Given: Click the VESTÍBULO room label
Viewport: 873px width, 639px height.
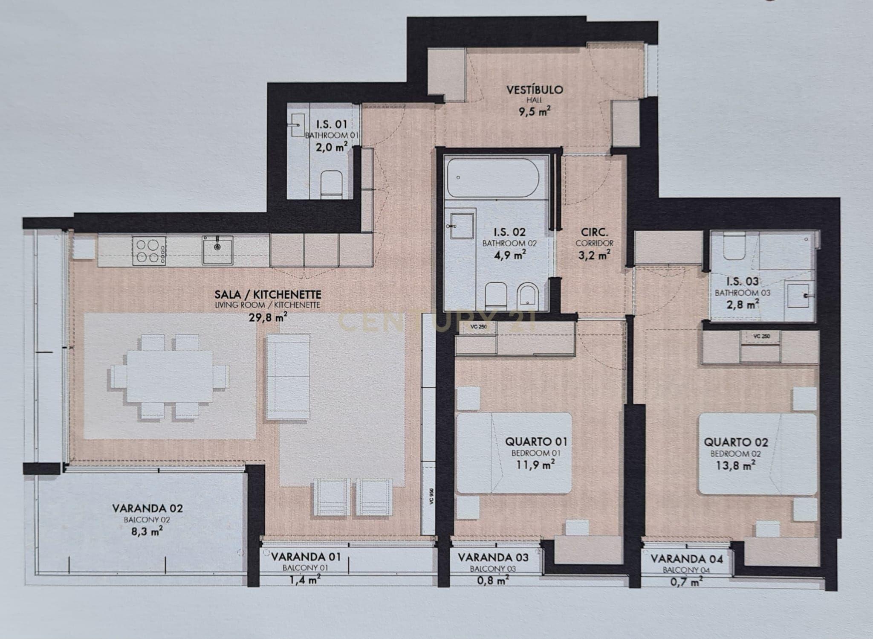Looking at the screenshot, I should [535, 90].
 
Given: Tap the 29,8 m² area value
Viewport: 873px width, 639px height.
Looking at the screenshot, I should [267, 317].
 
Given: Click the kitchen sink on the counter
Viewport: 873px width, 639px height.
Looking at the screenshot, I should [217, 250].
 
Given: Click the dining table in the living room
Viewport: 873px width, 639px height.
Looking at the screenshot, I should [170, 376].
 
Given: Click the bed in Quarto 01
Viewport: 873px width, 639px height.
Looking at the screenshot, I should [514, 453].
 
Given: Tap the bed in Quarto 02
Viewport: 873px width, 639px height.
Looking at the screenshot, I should [757, 454].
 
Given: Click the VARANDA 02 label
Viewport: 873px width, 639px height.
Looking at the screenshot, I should [147, 508].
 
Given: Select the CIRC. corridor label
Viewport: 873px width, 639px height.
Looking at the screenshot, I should [594, 232].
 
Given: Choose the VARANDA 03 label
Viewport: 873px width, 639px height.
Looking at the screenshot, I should [493, 557].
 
